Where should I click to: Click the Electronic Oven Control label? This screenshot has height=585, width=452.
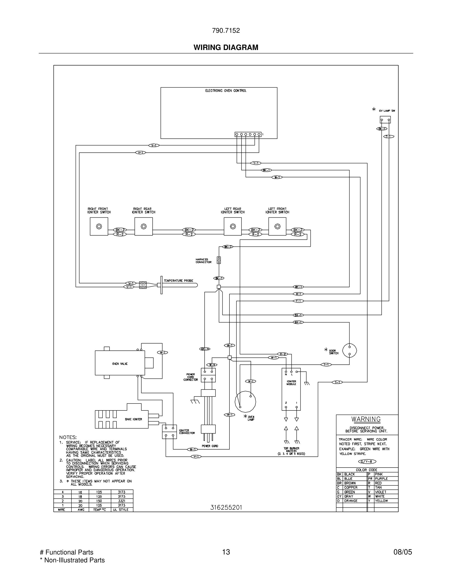(x=226, y=91)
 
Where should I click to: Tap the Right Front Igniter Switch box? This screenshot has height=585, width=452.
(x=99, y=226)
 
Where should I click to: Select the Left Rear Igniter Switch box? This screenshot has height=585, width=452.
(x=232, y=226)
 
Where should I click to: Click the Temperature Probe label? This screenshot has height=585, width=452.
(x=178, y=280)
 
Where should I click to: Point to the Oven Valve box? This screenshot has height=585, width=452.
(x=120, y=363)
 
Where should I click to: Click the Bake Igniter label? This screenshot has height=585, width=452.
(x=133, y=419)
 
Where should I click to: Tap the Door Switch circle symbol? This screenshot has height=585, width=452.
(x=349, y=350)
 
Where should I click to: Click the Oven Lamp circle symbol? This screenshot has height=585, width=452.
(x=245, y=401)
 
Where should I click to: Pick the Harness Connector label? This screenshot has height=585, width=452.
(x=204, y=261)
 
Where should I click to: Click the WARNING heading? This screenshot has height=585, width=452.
(x=366, y=419)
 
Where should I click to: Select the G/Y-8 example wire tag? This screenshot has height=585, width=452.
(x=367, y=461)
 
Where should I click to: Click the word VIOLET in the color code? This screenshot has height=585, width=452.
(x=381, y=492)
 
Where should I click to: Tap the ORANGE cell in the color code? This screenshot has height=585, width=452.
(x=351, y=501)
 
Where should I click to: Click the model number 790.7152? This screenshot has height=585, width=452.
(x=226, y=31)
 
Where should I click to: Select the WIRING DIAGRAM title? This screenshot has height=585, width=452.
(x=226, y=48)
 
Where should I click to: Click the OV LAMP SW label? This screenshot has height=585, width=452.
(x=387, y=111)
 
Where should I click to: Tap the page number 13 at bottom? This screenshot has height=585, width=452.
(x=226, y=552)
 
